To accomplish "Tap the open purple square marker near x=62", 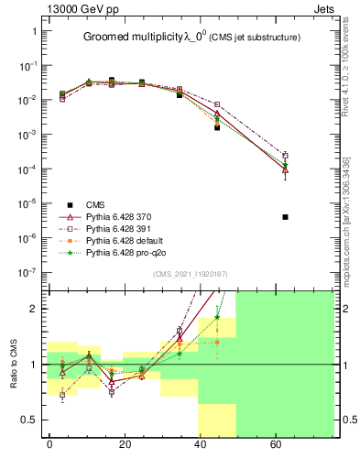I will (286, 156).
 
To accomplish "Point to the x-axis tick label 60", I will (277, 444).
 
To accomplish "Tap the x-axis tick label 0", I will (49, 444).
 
